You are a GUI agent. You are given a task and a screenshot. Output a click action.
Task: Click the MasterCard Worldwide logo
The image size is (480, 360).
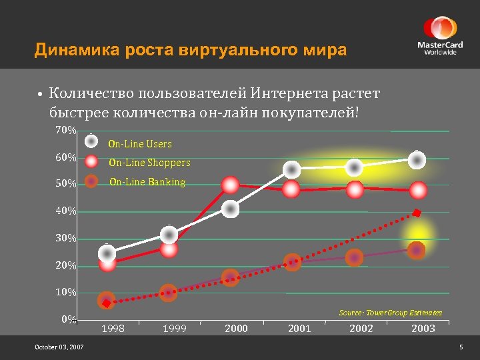439,36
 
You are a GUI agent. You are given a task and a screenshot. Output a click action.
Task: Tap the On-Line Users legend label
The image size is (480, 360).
140,144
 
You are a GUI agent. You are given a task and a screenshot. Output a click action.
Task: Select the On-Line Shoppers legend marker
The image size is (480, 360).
92,161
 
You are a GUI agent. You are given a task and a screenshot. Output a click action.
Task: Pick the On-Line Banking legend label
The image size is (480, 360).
147,181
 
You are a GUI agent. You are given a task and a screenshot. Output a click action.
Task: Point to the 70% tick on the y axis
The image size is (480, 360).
65,130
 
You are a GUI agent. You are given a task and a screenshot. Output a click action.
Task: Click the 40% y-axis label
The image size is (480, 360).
65,211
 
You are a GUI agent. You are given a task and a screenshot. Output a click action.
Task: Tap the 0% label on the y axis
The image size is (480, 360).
67,319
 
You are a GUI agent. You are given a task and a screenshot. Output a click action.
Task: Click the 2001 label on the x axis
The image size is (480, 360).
299,329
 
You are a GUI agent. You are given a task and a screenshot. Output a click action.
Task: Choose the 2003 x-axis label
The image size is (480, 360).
423,329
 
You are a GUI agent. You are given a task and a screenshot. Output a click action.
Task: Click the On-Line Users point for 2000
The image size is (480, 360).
231,209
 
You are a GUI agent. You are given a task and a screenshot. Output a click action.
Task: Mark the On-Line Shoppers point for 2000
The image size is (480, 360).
231,185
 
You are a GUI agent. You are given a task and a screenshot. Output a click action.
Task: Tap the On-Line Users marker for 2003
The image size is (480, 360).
417,159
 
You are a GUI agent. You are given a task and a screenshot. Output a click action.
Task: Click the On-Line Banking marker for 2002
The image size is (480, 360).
355,257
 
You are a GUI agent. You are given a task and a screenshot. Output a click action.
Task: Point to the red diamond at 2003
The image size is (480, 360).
417,213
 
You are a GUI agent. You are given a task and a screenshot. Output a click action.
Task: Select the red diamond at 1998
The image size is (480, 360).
106,303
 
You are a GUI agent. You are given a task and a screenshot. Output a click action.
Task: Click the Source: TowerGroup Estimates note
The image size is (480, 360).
390,313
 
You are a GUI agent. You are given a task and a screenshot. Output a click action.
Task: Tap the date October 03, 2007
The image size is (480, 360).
59,347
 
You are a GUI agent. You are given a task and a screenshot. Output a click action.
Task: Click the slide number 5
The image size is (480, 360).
461,347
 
